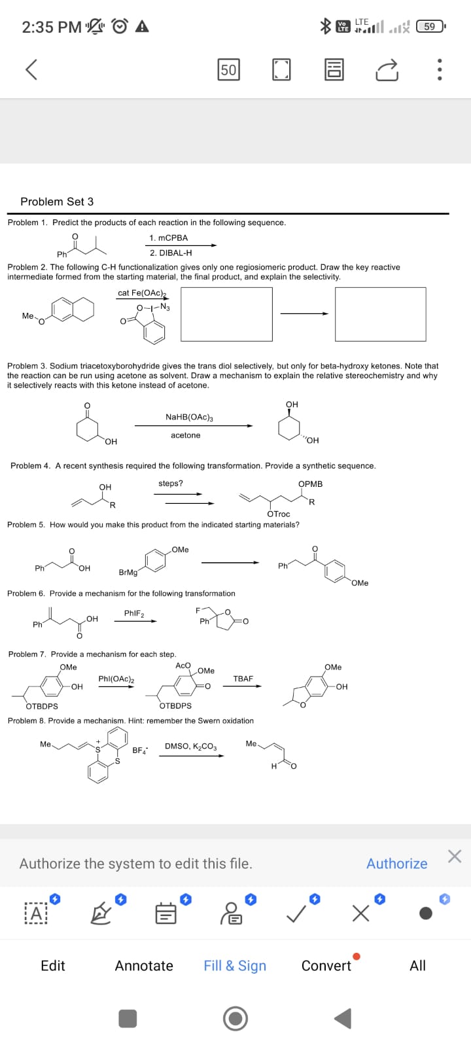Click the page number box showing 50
[x=228, y=69]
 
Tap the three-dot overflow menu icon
[x=440, y=69]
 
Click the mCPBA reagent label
[x=169, y=238]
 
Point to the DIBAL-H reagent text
[x=171, y=253]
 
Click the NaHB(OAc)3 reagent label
[x=189, y=417]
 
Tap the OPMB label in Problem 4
[x=310, y=484]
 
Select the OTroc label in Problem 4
[x=279, y=514]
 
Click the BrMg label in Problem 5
[x=128, y=573]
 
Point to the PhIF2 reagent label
[x=134, y=613]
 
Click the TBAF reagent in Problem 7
[x=243, y=679]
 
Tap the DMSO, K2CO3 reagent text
[x=191, y=746]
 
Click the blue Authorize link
[x=396, y=864]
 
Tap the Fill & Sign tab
[x=235, y=966]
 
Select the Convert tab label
[x=326, y=966]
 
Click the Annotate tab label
[x=144, y=966]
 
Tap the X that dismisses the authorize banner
[x=455, y=857]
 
